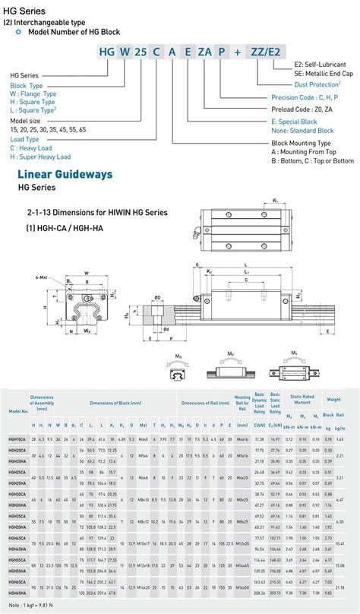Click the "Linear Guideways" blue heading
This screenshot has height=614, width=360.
(65, 174)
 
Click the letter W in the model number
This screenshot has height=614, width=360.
(118, 52)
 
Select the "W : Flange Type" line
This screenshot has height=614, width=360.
(33, 93)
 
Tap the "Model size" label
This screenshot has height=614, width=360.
(25, 120)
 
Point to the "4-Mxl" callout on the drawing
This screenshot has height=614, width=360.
(39, 279)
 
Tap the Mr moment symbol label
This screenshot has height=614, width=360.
(179, 354)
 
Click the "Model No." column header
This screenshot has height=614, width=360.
(18, 411)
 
